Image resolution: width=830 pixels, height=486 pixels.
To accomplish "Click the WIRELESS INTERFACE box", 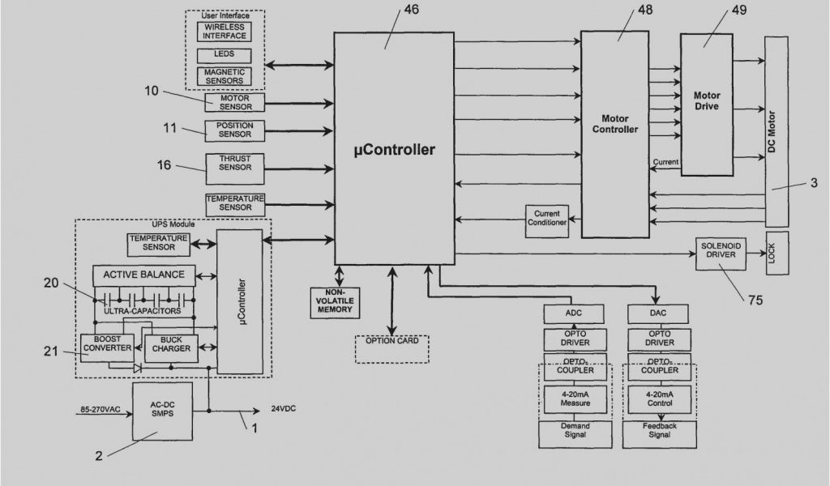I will tap(225, 32).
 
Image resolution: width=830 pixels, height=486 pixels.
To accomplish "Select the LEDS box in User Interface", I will tap(225, 56).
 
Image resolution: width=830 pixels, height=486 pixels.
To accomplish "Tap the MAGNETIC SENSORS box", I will tap(225, 77).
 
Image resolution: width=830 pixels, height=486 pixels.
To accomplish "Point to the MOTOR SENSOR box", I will tap(235, 102).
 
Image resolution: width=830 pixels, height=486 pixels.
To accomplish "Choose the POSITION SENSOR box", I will tap(234, 130).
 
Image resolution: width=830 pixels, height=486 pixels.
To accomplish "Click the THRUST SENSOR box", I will tap(234, 163).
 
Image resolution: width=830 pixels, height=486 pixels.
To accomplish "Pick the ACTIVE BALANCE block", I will tap(143, 275).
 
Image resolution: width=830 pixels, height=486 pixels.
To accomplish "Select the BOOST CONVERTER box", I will tap(106, 343).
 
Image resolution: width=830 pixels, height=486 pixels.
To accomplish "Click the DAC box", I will tap(657, 313).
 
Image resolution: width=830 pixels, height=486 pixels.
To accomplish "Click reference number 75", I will tap(754, 300).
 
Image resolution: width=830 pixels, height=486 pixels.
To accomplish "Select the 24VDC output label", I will tap(283, 409).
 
